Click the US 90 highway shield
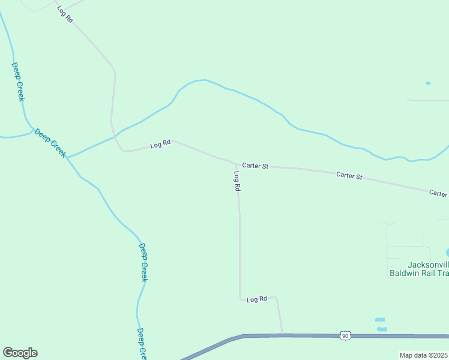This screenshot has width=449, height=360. (x=345, y=336)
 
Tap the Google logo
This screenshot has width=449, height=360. (x=20, y=353)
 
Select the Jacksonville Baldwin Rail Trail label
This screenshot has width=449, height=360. (x=427, y=269)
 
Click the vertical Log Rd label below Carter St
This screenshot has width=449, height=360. (x=237, y=181)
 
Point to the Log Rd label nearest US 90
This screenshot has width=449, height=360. (x=256, y=299)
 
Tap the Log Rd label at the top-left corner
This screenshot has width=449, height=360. (x=65, y=14)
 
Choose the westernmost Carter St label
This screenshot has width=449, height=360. (x=255, y=166)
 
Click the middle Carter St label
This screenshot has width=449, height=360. (x=349, y=176)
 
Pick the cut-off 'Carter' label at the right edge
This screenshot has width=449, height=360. (x=438, y=193)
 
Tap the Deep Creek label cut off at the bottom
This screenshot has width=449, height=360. (x=141, y=343)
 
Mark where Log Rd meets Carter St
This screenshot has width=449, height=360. (x=235, y=163)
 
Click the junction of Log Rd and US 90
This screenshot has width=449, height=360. (x=282, y=335)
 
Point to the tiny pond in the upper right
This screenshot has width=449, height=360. (x=428, y=83)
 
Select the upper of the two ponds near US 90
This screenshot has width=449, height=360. (x=379, y=320)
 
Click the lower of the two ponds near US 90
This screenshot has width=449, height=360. (x=382, y=329)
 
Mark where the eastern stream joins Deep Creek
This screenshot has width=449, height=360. (x=67, y=158)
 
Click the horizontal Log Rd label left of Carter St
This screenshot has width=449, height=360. (x=160, y=145)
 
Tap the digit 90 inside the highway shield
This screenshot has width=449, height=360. (x=345, y=337)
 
